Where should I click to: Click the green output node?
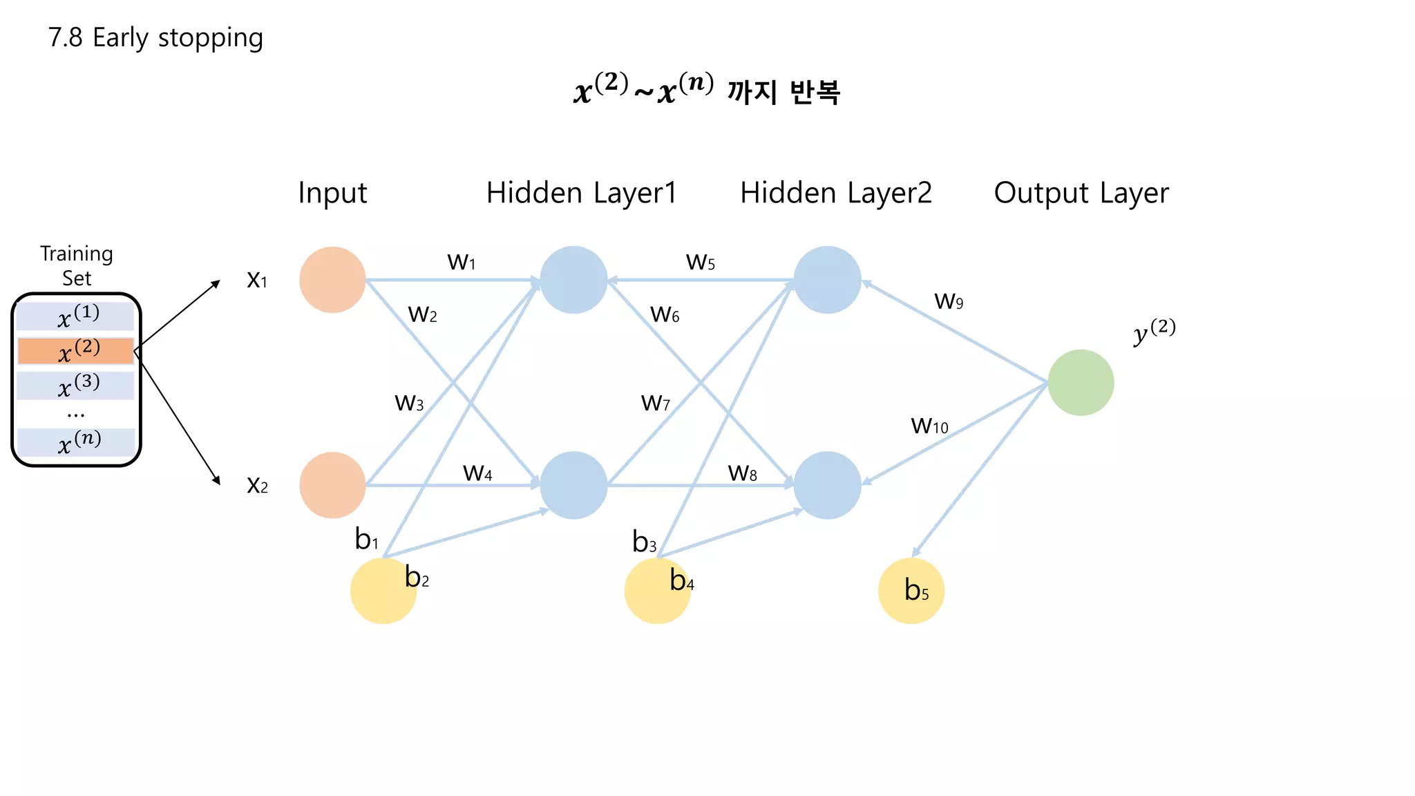[x=1081, y=383]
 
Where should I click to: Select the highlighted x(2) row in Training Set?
[x=76, y=351]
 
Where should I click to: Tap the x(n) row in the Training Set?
[x=76, y=442]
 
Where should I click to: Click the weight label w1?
[x=462, y=262]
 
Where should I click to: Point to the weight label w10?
[x=929, y=425]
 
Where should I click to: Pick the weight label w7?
[x=656, y=402]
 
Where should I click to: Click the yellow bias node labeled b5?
[x=911, y=591]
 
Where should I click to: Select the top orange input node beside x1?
[x=332, y=280]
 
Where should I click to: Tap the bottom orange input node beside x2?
[x=332, y=485]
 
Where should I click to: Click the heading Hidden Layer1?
[x=581, y=193]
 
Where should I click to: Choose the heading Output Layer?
[x=1081, y=193]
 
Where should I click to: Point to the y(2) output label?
[x=1154, y=331]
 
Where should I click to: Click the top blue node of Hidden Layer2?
[x=827, y=280]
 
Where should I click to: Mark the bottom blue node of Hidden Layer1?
[x=573, y=485]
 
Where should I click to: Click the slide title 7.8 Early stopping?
[x=155, y=37]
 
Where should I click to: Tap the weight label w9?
[x=949, y=301]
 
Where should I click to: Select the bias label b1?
[x=367, y=539]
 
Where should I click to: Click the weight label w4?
[x=477, y=473]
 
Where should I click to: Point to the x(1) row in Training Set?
[x=76, y=316]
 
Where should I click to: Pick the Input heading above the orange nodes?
[x=332, y=193]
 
